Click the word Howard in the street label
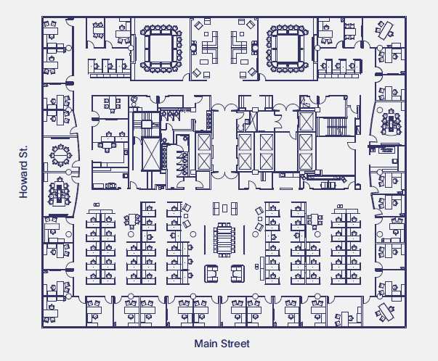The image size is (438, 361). click(23, 184)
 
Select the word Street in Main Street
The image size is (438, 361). click(235, 343)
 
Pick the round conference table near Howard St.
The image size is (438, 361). click(57, 155)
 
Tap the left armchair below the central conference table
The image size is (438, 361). click(212, 273)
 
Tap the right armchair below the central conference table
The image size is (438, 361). click(238, 273)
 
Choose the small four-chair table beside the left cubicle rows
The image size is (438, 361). click(131, 220)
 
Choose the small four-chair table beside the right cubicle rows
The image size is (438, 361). click(315, 220)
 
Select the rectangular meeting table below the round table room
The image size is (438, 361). click(57, 193)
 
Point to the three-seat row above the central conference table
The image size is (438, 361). click(224, 209)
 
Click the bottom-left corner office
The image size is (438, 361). click(54, 308)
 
